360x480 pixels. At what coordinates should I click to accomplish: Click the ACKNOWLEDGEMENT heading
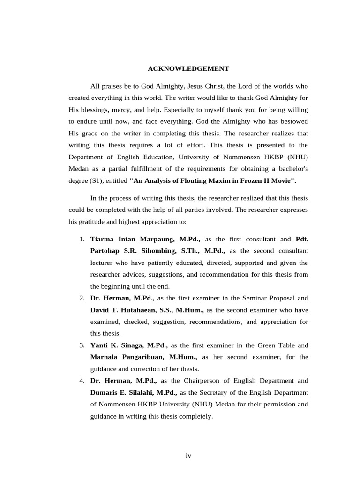click(x=188, y=69)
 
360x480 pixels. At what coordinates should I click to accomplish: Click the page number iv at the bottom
click(x=188, y=455)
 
